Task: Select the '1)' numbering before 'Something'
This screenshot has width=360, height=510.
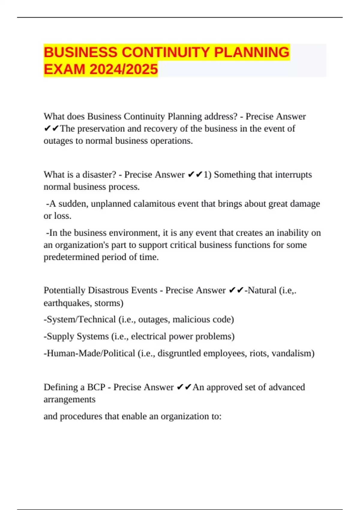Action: click(x=207, y=175)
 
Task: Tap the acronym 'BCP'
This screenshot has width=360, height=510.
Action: click(x=96, y=387)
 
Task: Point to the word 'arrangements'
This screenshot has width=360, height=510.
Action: click(x=69, y=400)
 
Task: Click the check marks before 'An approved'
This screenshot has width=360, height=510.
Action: click(x=184, y=387)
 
